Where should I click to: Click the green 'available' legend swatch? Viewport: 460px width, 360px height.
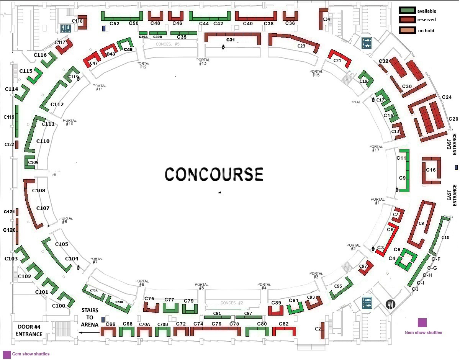407,11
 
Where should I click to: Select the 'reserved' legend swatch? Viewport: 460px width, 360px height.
407,19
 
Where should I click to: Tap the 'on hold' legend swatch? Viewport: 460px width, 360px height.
407,30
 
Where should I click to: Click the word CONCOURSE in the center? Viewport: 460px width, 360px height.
214,174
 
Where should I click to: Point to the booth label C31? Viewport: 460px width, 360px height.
231,40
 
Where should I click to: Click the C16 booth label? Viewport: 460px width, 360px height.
431,170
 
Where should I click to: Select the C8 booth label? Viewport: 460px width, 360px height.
421,223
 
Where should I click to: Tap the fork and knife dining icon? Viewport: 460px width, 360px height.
390,304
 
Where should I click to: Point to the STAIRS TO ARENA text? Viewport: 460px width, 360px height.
90,317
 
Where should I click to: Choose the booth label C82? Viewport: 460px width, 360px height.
284,324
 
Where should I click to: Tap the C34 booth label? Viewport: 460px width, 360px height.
326,19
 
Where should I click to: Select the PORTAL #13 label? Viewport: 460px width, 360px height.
201,62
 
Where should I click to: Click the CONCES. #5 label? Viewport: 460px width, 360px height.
168,44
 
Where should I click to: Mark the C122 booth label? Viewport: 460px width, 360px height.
9,144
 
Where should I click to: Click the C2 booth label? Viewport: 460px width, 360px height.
318,329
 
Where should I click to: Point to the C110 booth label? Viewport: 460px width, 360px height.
43,141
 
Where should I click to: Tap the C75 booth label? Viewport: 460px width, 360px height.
149,299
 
